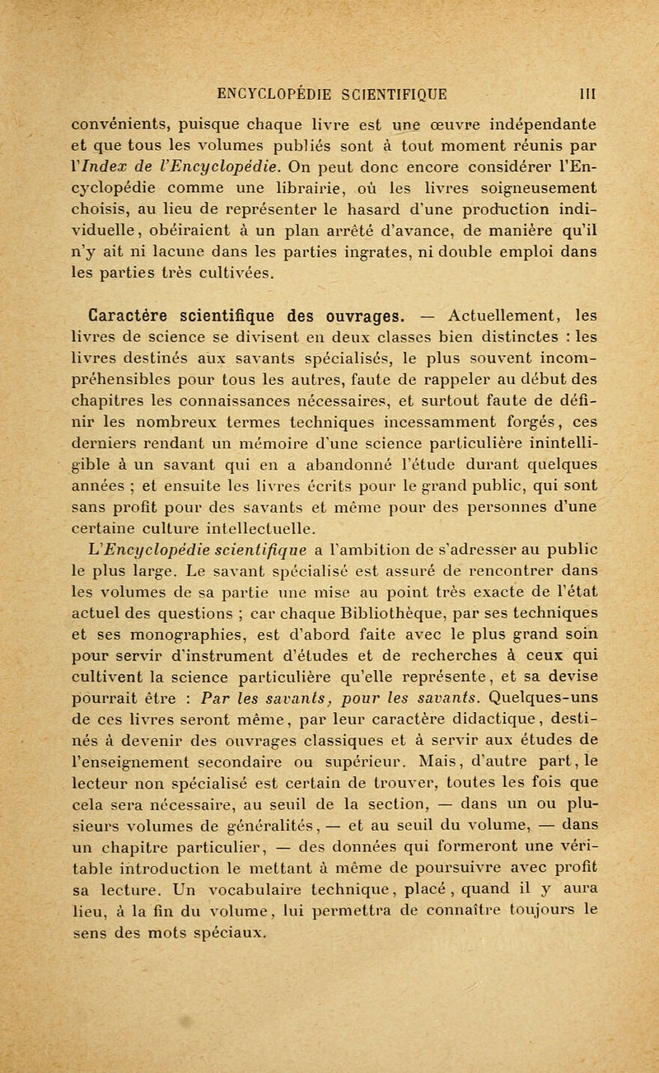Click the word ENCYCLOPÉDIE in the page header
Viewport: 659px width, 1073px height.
point(261,83)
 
